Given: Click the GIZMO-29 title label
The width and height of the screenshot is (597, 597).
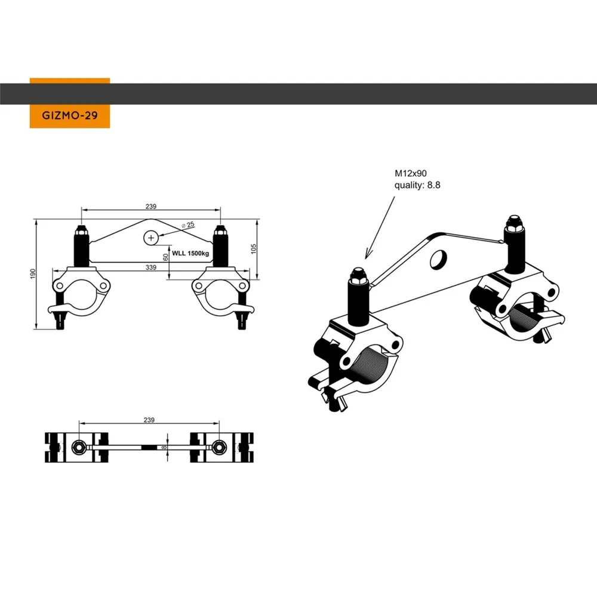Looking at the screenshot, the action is [x=70, y=115].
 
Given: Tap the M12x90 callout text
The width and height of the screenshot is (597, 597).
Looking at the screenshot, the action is [x=411, y=174].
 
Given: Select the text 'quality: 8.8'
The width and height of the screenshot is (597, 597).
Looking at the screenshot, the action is [x=417, y=186].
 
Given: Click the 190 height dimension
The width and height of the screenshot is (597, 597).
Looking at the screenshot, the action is [x=33, y=273].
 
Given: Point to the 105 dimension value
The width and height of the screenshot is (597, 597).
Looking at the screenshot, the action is [x=254, y=249].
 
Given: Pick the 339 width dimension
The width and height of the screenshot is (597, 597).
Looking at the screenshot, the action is [x=151, y=267].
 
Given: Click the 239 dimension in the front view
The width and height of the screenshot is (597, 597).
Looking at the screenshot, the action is [x=151, y=207].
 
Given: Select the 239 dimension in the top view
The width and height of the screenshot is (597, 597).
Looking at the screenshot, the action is [x=149, y=420].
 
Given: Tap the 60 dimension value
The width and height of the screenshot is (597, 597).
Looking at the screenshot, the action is [x=165, y=257].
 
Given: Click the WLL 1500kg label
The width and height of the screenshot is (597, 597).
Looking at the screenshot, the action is [x=190, y=253].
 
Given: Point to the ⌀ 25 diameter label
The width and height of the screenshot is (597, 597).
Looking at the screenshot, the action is [x=188, y=225].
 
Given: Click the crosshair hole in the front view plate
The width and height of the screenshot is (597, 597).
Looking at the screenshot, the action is [x=151, y=238].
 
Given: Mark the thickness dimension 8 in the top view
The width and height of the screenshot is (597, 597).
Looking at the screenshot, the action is [x=164, y=447].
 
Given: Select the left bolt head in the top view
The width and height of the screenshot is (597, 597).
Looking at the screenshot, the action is [x=78, y=447].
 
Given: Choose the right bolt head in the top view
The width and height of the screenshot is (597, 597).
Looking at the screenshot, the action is [x=219, y=447].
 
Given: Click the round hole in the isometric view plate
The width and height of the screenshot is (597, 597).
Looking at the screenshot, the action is [x=439, y=259].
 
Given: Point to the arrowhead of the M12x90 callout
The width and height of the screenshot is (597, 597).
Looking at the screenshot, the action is [x=367, y=257].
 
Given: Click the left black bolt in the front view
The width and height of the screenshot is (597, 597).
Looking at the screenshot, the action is [x=81, y=247].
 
